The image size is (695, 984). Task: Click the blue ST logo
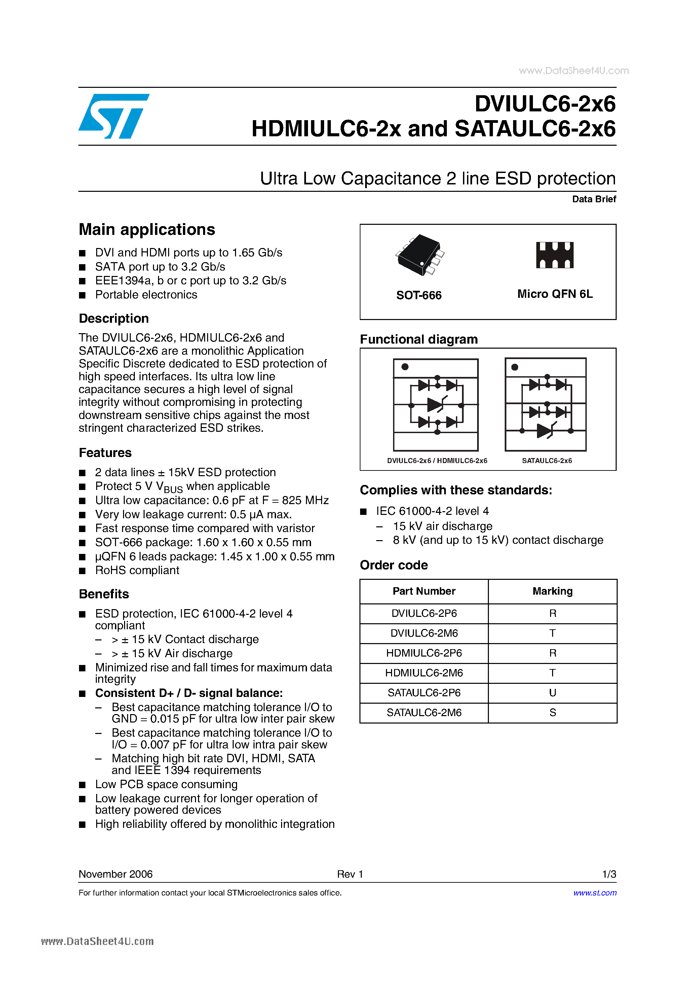tap(113, 116)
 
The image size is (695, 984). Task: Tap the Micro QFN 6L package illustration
tap(554, 255)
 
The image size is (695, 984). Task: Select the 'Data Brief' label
tap(593, 199)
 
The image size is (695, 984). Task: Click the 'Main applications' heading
tap(147, 230)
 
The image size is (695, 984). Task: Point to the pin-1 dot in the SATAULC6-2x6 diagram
tap(515, 367)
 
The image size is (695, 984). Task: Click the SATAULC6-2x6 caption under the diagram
tap(546, 461)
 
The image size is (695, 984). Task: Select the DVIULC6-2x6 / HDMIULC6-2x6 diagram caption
tap(437, 461)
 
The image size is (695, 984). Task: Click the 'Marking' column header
tap(552, 591)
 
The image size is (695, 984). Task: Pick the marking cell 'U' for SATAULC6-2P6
tap(552, 693)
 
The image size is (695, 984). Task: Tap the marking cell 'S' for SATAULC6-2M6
tap(552, 713)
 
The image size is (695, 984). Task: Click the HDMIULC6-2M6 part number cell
tap(424, 673)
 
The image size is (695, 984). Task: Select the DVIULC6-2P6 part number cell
tap(424, 613)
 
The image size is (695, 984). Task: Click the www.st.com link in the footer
tap(594, 893)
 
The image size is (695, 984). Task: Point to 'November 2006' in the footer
tap(116, 874)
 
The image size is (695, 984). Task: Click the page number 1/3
tap(609, 874)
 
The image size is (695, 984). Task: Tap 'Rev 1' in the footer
tap(350, 874)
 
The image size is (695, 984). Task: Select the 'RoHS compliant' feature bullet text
tap(137, 570)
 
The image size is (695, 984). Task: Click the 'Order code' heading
tap(393, 565)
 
